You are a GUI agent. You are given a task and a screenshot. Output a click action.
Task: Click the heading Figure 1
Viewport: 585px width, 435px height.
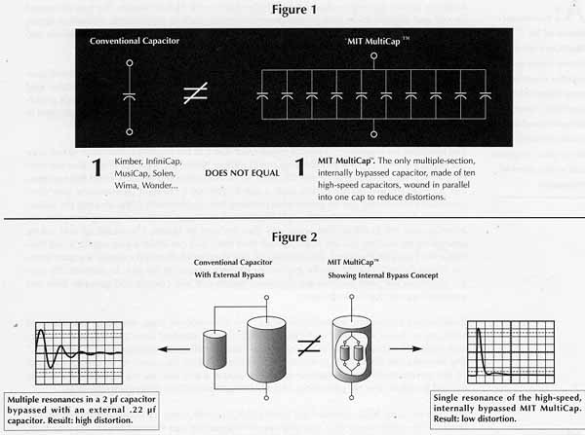(294, 10)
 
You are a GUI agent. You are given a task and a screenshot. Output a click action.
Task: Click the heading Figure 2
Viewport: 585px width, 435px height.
(294, 237)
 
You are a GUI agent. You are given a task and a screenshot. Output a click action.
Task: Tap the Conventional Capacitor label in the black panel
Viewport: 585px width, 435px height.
(135, 41)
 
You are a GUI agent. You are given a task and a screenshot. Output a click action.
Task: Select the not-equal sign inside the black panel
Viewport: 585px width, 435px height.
(196, 93)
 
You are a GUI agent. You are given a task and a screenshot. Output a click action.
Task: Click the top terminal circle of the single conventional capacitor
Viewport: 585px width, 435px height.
(130, 63)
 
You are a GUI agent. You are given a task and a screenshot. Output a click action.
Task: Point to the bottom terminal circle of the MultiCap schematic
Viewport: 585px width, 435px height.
(373, 134)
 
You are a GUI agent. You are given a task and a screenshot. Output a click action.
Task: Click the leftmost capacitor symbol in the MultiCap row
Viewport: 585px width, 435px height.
(262, 96)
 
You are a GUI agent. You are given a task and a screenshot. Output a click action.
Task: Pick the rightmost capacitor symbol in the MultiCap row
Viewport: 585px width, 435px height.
(485, 96)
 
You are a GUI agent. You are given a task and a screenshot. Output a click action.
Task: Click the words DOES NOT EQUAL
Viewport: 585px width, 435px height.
(242, 173)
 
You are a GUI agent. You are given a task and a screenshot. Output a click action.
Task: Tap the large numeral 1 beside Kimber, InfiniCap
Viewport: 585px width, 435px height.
(97, 167)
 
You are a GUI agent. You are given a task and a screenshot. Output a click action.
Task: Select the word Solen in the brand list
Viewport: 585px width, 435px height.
(164, 173)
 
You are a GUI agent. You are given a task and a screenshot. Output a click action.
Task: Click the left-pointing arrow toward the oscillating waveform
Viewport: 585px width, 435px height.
(174, 349)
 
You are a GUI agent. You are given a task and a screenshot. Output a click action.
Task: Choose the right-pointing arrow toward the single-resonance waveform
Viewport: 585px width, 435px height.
(406, 348)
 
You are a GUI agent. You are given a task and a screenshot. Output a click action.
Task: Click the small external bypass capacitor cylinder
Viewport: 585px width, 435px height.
(214, 349)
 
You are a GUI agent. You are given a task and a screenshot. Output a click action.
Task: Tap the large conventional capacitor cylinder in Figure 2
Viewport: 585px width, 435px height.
(266, 349)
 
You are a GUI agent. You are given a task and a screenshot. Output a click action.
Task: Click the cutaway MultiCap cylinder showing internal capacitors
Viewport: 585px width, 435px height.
(351, 349)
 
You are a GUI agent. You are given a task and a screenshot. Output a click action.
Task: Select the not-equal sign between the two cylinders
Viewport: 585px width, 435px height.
(309, 345)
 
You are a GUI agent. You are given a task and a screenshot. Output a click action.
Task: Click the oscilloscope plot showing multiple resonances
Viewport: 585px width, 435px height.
(79, 353)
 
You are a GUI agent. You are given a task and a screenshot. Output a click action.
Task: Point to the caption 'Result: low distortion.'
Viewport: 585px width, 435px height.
(475, 419)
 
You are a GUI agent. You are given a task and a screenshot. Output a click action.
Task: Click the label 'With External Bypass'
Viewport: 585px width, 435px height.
(229, 274)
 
